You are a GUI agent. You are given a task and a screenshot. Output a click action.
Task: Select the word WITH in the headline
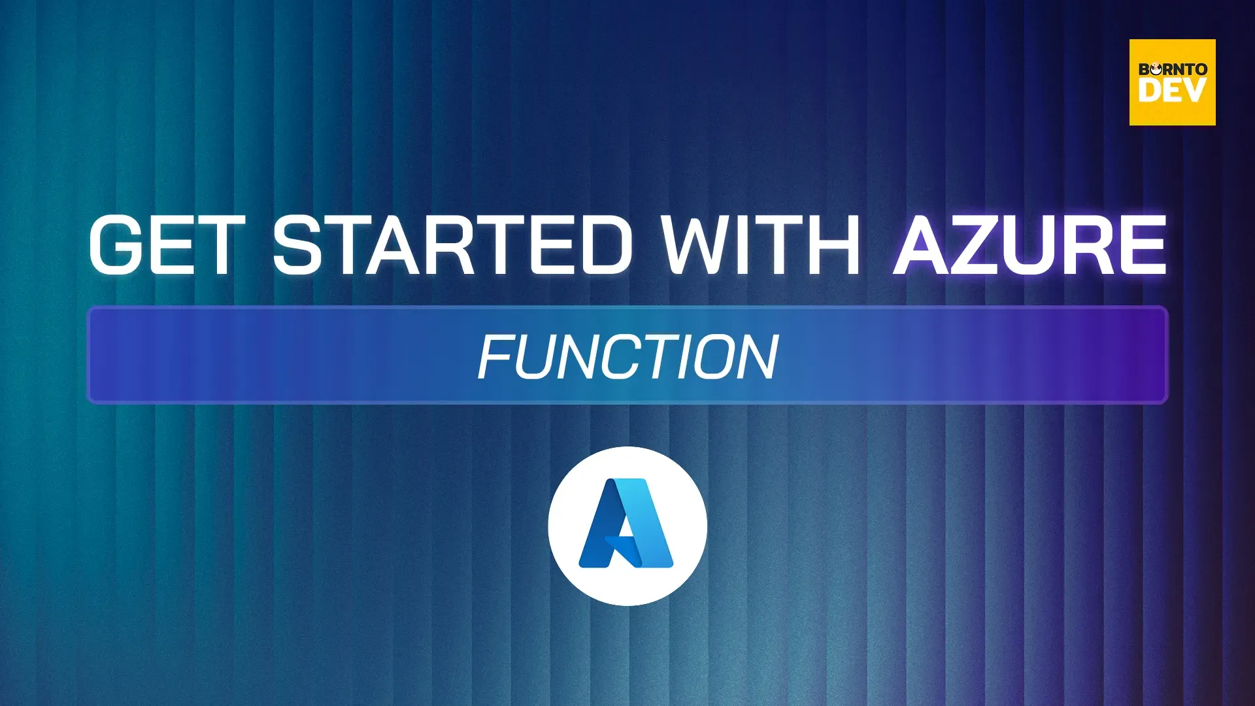click(760, 245)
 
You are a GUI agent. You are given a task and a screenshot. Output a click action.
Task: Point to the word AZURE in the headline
click(1030, 245)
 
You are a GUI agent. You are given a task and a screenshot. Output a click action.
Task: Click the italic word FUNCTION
click(627, 356)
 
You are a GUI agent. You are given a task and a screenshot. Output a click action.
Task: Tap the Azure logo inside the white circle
click(626, 523)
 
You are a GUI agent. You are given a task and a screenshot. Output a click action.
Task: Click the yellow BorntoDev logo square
click(1173, 82)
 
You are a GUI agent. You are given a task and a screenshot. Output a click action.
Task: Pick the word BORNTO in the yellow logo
click(1173, 69)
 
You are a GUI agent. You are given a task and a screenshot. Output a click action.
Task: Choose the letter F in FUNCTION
click(495, 356)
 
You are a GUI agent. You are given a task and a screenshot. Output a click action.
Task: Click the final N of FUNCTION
click(756, 356)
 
